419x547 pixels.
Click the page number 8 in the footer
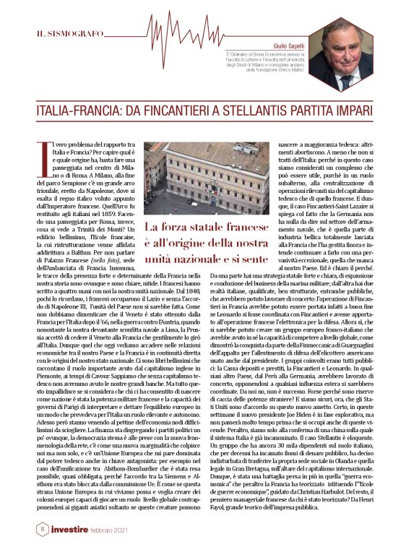23,529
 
